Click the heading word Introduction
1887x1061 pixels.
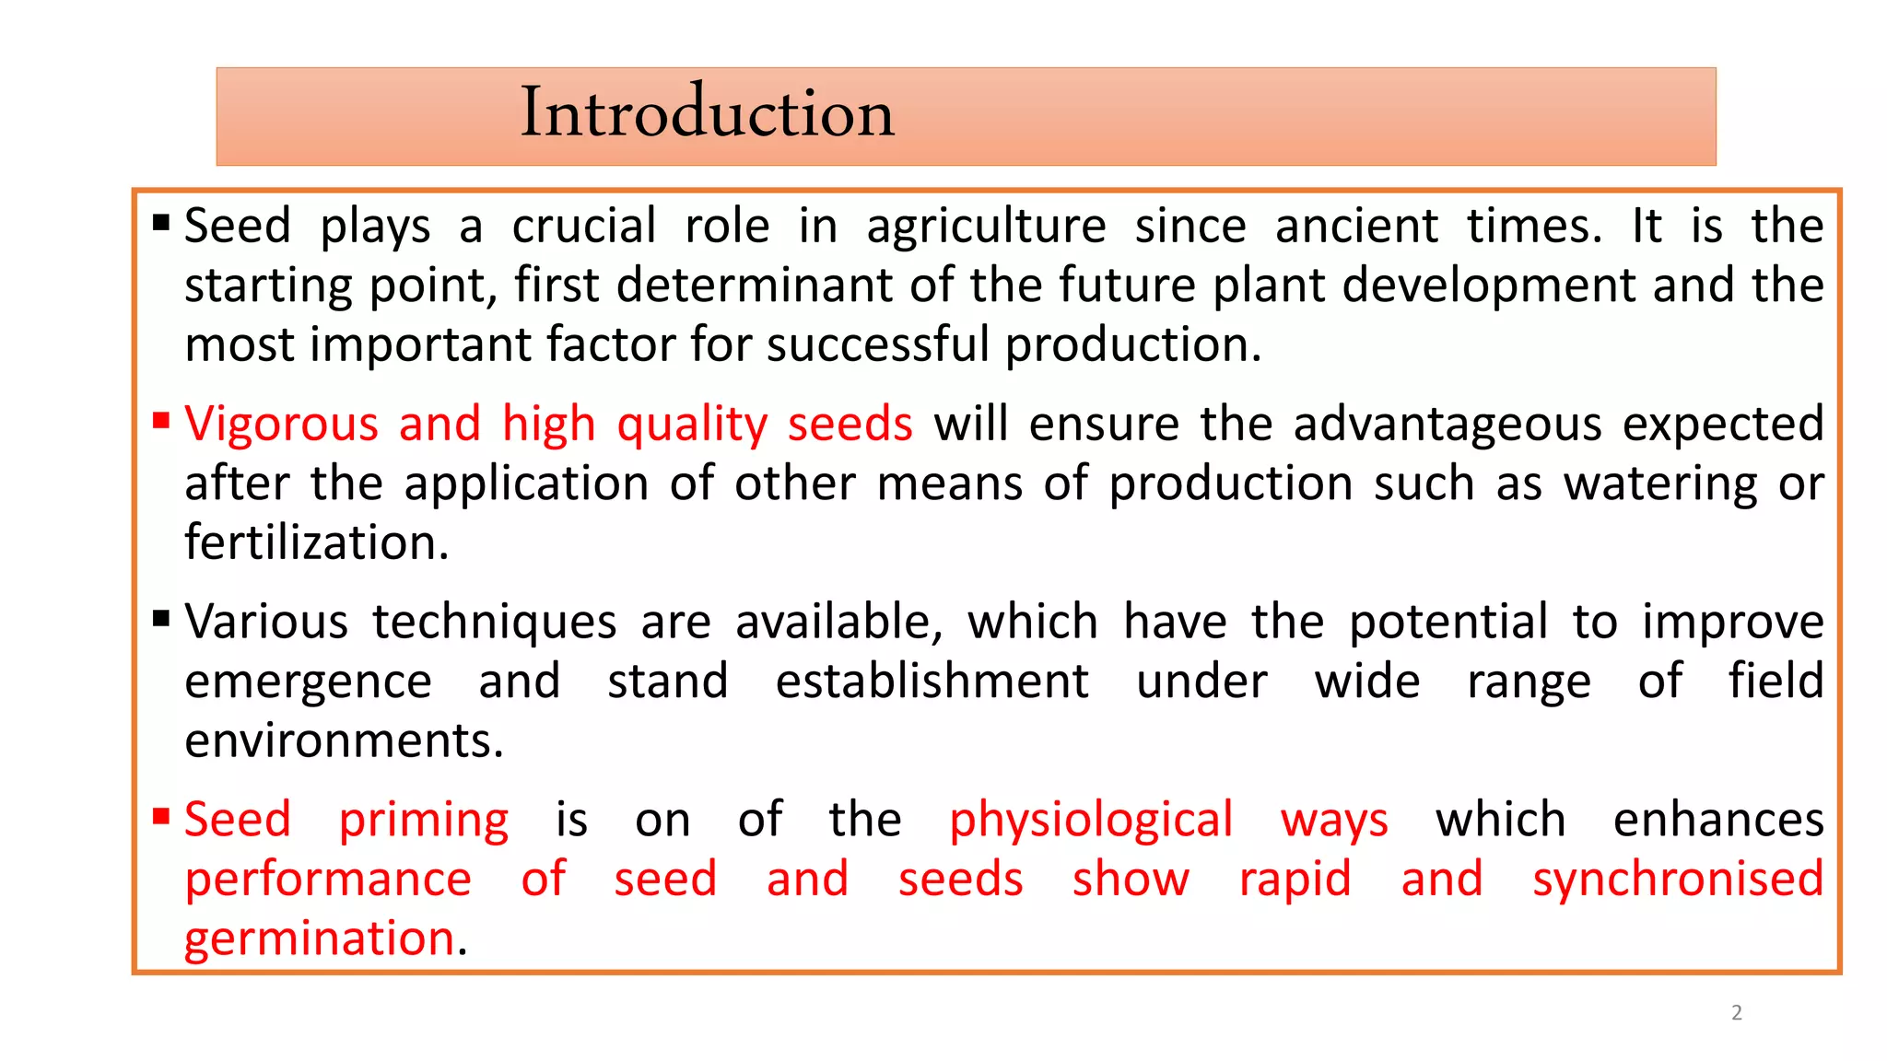click(707, 113)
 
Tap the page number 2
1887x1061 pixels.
click(1737, 1013)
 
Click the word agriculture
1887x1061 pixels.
click(986, 227)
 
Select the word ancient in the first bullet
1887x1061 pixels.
click(1356, 226)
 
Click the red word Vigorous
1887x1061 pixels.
click(281, 426)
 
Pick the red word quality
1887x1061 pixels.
click(692, 426)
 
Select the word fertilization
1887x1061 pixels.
click(316, 543)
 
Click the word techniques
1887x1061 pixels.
click(495, 624)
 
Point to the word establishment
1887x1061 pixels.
click(932, 682)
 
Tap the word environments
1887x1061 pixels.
click(344, 741)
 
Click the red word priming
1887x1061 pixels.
click(424, 822)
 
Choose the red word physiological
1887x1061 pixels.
click(1091, 822)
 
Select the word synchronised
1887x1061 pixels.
click(1678, 880)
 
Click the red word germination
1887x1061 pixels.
click(320, 940)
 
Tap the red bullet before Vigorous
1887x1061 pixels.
click(162, 422)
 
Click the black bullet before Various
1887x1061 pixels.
click(162, 619)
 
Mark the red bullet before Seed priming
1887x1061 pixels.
click(162, 817)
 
